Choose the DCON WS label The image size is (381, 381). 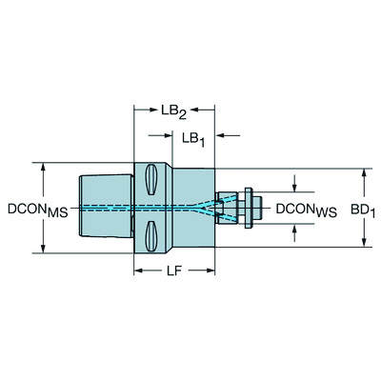307,208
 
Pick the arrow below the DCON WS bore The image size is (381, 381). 295,226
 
